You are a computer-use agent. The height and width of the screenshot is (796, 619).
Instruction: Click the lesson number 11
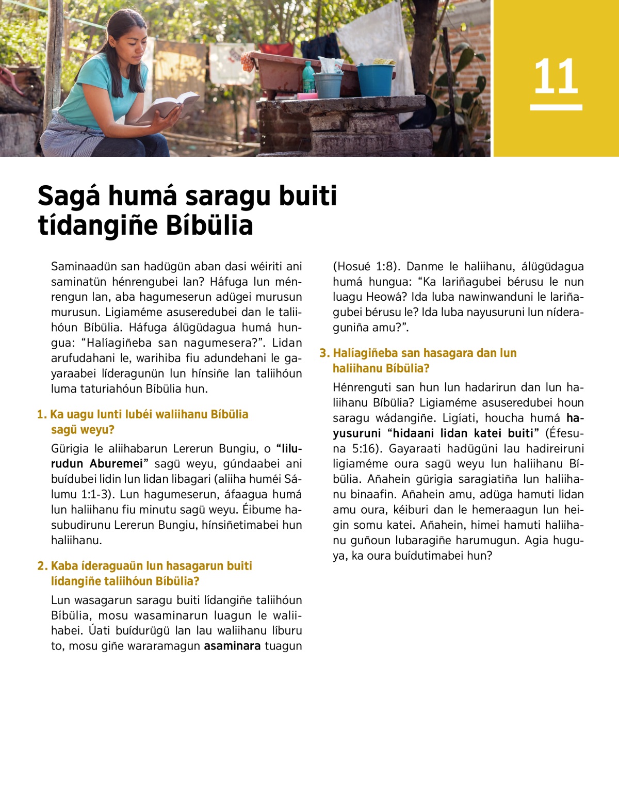point(556,76)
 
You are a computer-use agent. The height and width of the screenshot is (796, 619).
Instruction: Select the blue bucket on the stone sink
point(376,79)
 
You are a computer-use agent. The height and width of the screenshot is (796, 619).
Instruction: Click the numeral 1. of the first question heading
point(42,415)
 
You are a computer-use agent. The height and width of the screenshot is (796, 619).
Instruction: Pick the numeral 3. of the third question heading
point(324,353)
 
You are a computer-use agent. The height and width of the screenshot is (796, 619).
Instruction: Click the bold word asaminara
point(232,646)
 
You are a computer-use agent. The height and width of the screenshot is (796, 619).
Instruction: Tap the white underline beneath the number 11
point(556,107)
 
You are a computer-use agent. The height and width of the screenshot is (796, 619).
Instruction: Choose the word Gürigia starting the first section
point(70,449)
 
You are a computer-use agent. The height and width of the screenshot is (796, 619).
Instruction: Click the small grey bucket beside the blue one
point(329,85)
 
